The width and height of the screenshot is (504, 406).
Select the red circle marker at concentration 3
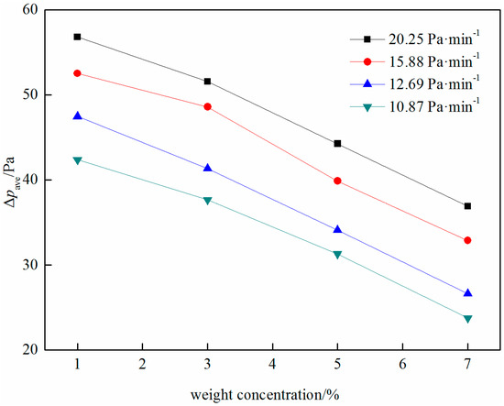pos(207,106)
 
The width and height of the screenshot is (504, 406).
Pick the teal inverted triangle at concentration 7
pos(467,318)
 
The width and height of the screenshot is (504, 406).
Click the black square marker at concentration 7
pos(467,206)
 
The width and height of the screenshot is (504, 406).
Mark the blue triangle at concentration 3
pos(207,168)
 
